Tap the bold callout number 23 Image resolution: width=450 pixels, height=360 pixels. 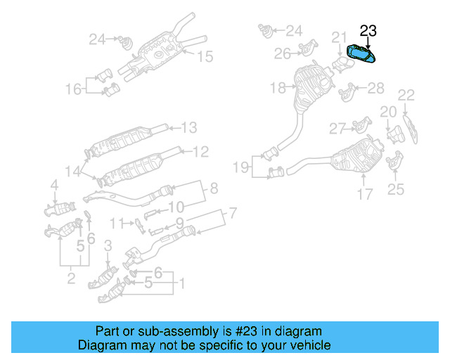coord(368,30)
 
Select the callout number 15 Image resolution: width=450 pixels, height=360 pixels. coord(204,56)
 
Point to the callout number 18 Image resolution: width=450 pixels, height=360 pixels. coord(278,88)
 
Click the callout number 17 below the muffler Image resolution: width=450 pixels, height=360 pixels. coord(364,194)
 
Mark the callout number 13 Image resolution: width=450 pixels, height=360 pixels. coord(188,128)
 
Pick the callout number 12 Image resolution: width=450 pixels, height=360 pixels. coord(200,150)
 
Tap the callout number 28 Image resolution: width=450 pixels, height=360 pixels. coord(376,88)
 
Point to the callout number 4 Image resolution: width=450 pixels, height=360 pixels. coord(53,186)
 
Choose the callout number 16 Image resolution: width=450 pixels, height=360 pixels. coord(74,89)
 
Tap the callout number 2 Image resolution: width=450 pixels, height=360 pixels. coord(71,280)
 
